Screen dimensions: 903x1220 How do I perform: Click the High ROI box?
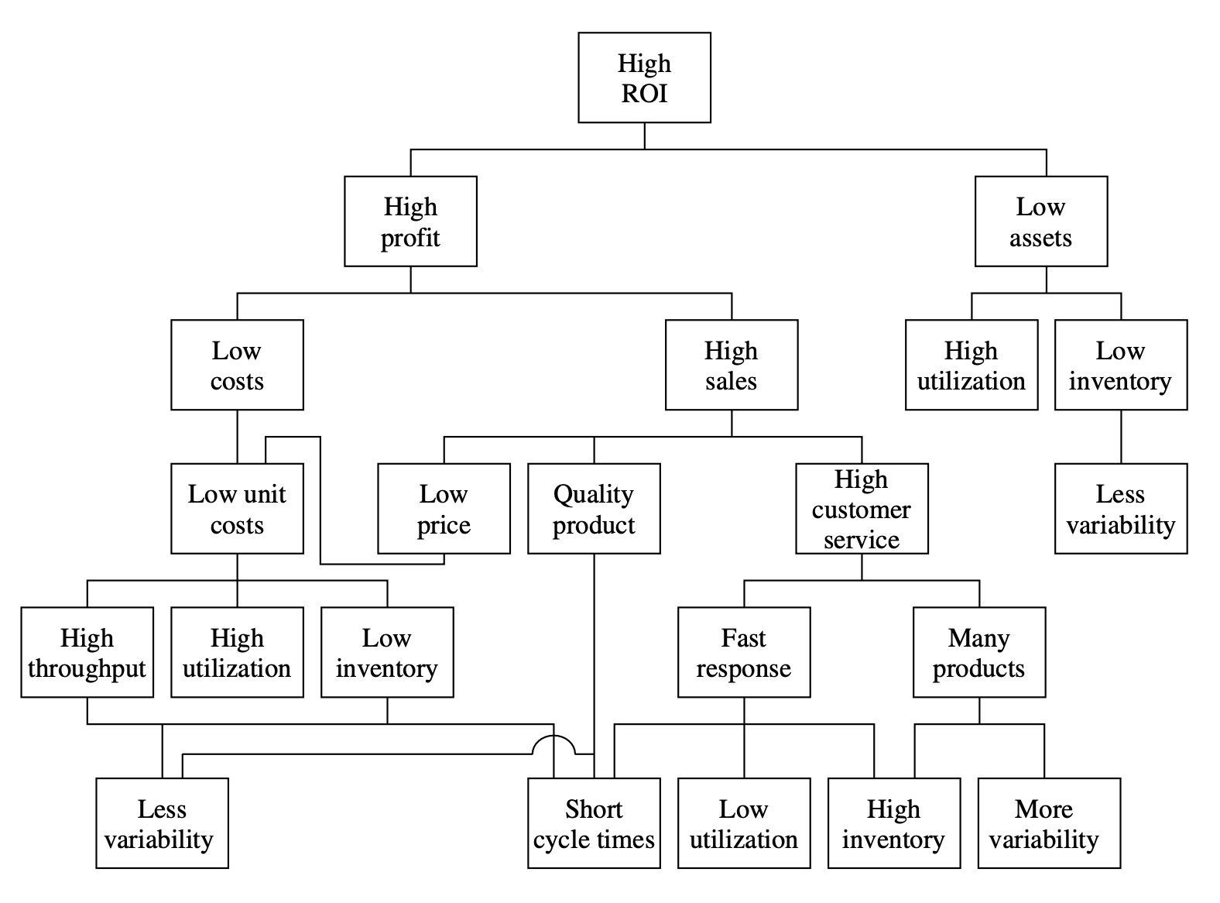(x=644, y=77)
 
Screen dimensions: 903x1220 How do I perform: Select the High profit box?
(x=410, y=221)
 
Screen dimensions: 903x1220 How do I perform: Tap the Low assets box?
(x=1040, y=221)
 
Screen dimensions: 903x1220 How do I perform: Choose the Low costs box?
(x=237, y=365)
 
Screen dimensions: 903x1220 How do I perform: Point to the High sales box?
(x=731, y=365)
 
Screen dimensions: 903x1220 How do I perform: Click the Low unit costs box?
(x=237, y=509)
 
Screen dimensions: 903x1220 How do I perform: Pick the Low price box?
(x=444, y=509)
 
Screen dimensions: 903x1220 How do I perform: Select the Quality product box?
(x=594, y=509)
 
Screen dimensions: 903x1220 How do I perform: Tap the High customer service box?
(x=862, y=509)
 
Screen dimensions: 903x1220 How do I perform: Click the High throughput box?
(x=87, y=652)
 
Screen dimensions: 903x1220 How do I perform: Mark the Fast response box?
(x=743, y=652)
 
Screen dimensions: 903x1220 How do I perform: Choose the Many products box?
(x=978, y=652)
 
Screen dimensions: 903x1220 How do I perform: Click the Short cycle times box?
(x=594, y=823)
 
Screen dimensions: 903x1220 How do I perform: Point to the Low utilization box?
(x=743, y=823)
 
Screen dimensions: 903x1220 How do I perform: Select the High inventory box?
(x=893, y=823)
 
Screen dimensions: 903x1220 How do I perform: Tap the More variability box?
(x=1044, y=823)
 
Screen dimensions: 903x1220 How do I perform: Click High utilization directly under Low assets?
(x=971, y=365)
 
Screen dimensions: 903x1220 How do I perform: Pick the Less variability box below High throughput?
(x=162, y=823)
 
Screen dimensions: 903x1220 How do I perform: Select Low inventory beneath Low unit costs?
(x=387, y=652)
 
